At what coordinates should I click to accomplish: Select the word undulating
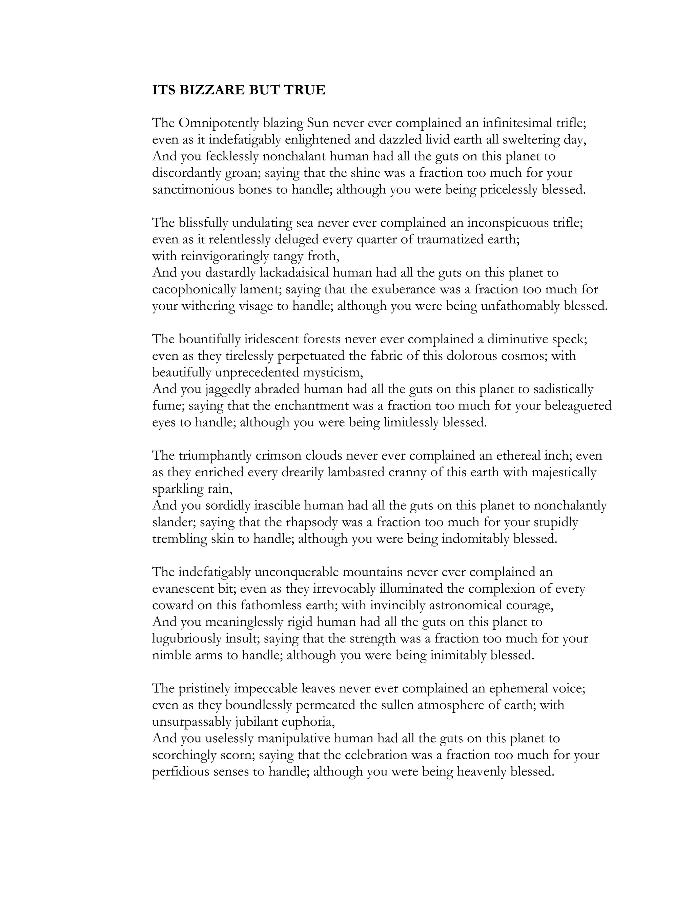tap(262, 223)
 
